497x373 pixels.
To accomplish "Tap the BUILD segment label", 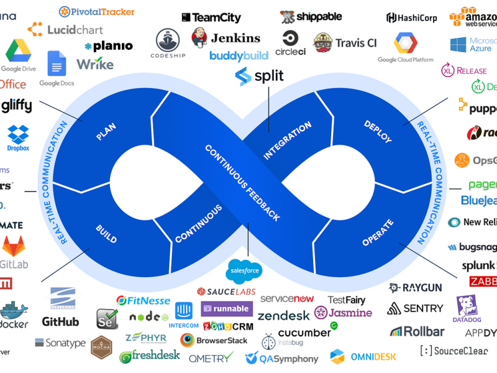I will pyautogui.click(x=106, y=231).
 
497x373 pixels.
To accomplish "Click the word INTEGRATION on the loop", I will pyautogui.click(x=287, y=140).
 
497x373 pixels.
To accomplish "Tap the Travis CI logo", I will pyautogui.click(x=345, y=43).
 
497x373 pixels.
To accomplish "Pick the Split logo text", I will pyautogui.click(x=260, y=76).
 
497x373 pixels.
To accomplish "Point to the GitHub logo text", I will pyautogui.click(x=60, y=321).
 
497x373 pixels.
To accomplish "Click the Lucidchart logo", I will pyautogui.click(x=66, y=29).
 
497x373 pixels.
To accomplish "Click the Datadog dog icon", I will pyautogui.click(x=467, y=305).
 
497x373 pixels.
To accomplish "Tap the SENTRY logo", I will pyautogui.click(x=415, y=308).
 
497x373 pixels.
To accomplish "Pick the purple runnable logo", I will pyautogui.click(x=227, y=308).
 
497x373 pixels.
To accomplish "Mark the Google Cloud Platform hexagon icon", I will pyautogui.click(x=405, y=43).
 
